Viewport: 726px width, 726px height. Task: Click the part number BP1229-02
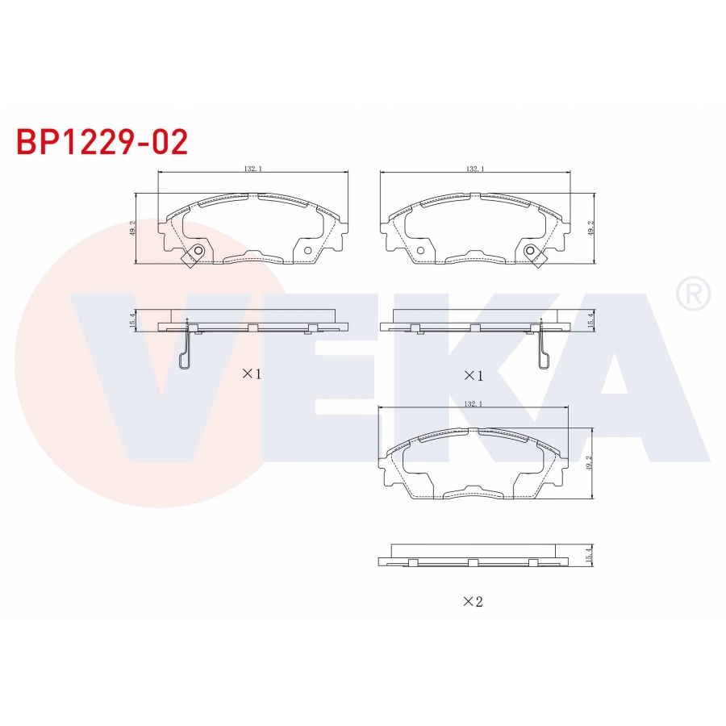[102, 142]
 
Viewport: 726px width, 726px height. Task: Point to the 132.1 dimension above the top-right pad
[475, 169]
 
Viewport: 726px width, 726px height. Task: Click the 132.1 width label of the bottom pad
[474, 405]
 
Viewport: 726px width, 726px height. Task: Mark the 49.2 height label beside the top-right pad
[591, 228]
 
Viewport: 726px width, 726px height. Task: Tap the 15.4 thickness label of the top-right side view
[591, 320]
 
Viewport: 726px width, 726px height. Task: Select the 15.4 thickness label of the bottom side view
[590, 554]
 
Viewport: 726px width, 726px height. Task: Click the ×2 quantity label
[473, 601]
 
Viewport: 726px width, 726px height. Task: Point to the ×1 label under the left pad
[252, 373]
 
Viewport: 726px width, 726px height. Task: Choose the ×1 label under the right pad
[473, 376]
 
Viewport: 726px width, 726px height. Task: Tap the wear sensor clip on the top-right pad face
[532, 255]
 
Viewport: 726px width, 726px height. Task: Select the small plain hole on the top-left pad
[307, 249]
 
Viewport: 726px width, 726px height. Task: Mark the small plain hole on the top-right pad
[419, 249]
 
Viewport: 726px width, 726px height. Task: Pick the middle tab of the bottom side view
[474, 561]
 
